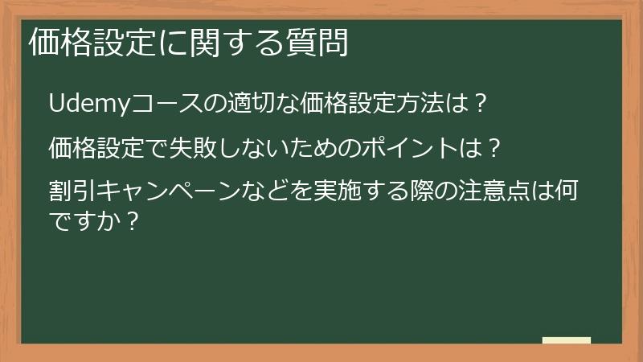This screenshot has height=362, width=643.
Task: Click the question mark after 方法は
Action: tap(479, 105)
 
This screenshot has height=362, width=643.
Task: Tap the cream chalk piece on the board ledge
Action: tap(567, 340)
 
